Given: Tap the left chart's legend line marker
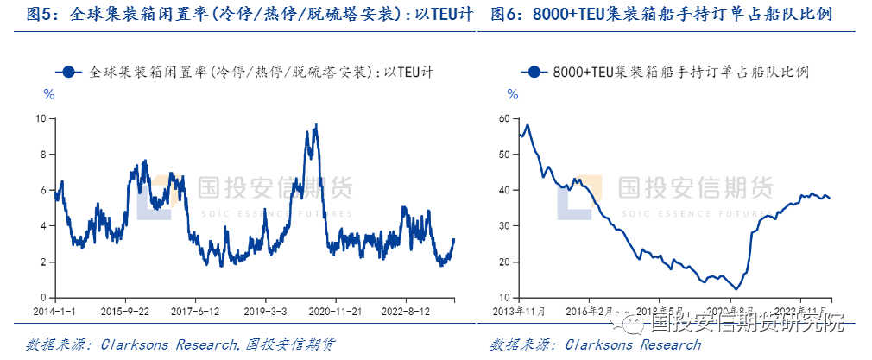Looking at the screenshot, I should [x=72, y=73].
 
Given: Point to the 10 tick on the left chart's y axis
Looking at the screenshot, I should [x=40, y=117].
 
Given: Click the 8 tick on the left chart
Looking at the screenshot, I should [x=42, y=154].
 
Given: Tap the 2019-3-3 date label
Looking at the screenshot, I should [x=269, y=311].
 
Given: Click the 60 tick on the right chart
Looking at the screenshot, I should [x=506, y=117].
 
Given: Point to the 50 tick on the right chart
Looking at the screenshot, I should [x=506, y=154].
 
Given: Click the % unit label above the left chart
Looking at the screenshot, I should [x=49, y=94].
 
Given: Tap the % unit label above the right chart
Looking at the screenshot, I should [x=512, y=94].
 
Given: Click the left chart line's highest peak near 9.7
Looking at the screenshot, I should [x=316, y=124].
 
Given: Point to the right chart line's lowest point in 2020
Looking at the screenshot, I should [x=736, y=288].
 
